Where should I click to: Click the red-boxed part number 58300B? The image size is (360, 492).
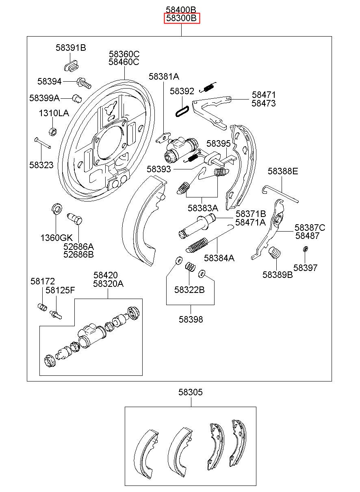182,18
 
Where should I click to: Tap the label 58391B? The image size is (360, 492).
71,48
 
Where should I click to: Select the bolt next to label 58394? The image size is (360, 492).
84,83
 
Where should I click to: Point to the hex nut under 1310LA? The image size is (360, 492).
53,131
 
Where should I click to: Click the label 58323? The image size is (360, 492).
41,165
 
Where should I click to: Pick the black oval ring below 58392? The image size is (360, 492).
182,111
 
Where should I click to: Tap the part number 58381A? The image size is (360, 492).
164,76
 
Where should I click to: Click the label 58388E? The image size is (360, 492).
283,171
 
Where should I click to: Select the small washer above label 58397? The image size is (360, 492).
305,249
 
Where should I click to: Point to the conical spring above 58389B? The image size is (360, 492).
275,253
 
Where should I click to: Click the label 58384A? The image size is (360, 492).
219,258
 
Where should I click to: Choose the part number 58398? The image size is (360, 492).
191,319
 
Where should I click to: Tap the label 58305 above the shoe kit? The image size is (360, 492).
191,392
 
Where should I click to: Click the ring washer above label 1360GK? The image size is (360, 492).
56,209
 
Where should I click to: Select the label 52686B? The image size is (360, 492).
79,254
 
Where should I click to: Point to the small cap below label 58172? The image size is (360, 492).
42,307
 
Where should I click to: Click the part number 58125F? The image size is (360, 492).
60,290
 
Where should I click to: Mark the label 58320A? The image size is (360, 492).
108,284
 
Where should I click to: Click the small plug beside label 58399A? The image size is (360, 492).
77,98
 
